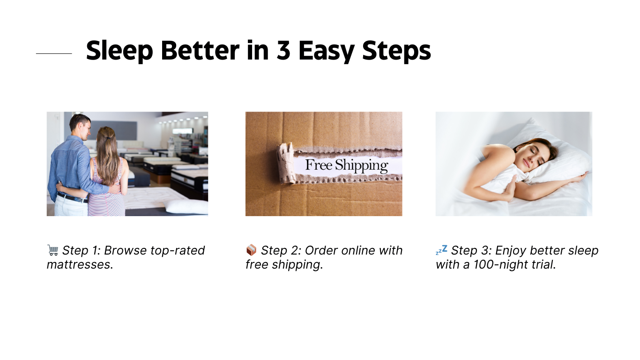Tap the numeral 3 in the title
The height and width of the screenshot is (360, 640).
pyautogui.click(x=283, y=50)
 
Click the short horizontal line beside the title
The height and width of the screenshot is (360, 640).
pyautogui.click(x=54, y=53)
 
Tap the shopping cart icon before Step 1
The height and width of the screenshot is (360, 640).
pyautogui.click(x=52, y=250)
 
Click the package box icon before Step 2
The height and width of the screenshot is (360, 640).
pyautogui.click(x=251, y=250)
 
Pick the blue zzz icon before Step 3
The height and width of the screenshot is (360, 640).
pyautogui.click(x=441, y=250)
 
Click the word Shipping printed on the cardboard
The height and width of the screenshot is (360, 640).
pyautogui.click(x=361, y=165)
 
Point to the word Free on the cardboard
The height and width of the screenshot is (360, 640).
pyautogui.click(x=319, y=165)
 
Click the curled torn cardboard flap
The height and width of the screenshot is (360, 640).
pyautogui.click(x=286, y=163)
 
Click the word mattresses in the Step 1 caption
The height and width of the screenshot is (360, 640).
pyautogui.click(x=79, y=264)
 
